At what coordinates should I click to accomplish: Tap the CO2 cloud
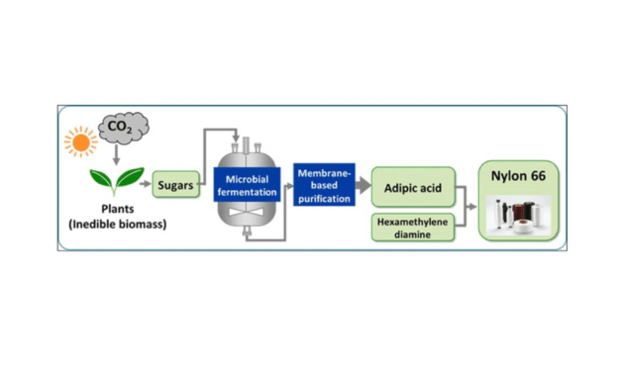[123, 129]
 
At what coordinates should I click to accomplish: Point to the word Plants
[116, 209]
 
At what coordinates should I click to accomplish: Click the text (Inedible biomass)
[116, 225]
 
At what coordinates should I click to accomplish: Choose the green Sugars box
[175, 183]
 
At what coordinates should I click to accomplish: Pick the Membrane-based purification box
[324, 185]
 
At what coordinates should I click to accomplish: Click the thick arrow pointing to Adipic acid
[362, 185]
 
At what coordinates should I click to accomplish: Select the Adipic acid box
[412, 185]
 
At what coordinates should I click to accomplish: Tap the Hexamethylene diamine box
[412, 228]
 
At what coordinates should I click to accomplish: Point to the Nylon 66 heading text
[518, 177]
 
